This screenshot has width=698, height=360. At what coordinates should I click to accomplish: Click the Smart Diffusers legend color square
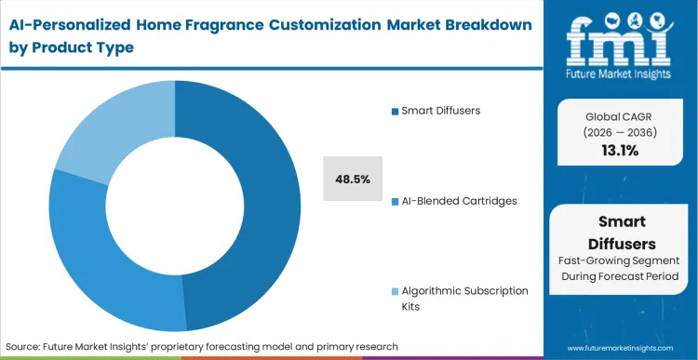(x=395, y=112)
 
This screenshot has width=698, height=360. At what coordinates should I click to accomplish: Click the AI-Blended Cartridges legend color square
(x=395, y=201)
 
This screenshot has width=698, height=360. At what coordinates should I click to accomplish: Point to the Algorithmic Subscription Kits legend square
(x=395, y=291)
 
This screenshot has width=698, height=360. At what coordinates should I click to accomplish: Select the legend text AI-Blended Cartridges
(x=457, y=201)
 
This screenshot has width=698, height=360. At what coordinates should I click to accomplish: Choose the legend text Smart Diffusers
(x=442, y=111)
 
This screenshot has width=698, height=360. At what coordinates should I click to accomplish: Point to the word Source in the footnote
(x=28, y=346)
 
